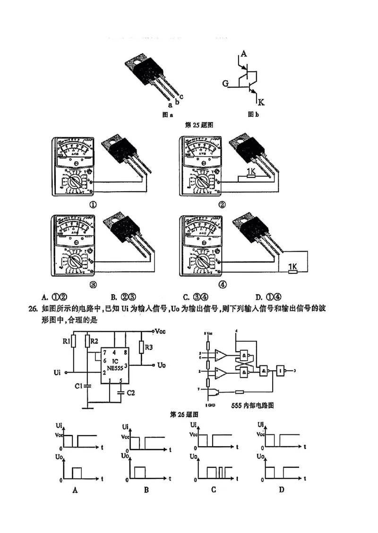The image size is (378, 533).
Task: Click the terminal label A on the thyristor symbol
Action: [244, 54]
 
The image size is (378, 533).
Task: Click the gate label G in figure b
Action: [226, 84]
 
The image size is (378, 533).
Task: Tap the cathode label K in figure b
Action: [261, 102]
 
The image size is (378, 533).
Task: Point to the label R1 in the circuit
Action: [67, 340]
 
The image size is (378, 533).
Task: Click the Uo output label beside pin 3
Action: [162, 365]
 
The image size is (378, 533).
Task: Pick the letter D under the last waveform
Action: [282, 490]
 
